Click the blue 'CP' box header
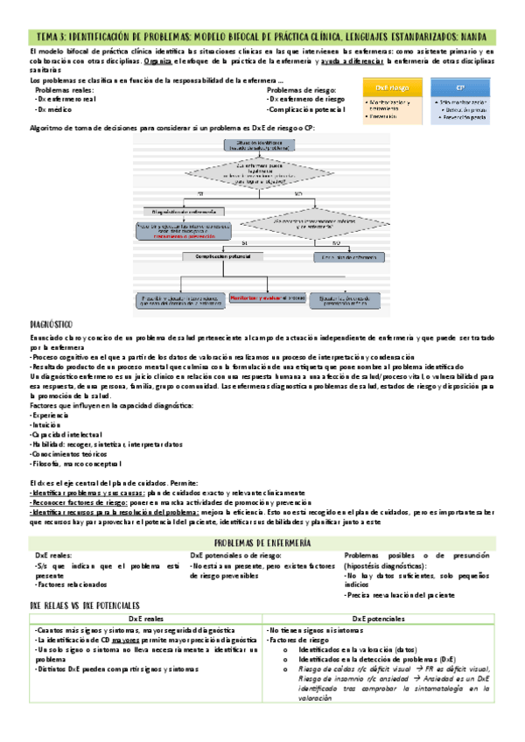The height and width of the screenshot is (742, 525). tap(460, 88)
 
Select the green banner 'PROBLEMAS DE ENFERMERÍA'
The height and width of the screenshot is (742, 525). tap(262, 542)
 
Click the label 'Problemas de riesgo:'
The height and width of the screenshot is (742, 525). tap(300, 89)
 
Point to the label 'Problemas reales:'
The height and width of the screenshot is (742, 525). tap(64, 89)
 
